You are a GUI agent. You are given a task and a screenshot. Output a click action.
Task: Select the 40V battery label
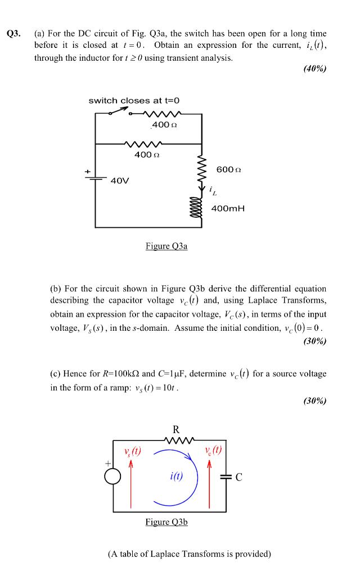119,181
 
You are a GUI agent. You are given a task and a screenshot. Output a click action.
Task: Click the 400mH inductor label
228,209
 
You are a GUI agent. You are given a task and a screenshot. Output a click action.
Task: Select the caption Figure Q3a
166,245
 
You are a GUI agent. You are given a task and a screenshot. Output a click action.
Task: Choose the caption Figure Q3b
166,522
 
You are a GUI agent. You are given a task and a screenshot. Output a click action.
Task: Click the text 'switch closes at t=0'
134,100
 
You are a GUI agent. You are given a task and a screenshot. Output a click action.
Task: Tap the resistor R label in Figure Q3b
176,430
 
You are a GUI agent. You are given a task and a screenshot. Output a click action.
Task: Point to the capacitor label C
239,478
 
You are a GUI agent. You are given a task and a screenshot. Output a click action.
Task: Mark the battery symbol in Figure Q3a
96,178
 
